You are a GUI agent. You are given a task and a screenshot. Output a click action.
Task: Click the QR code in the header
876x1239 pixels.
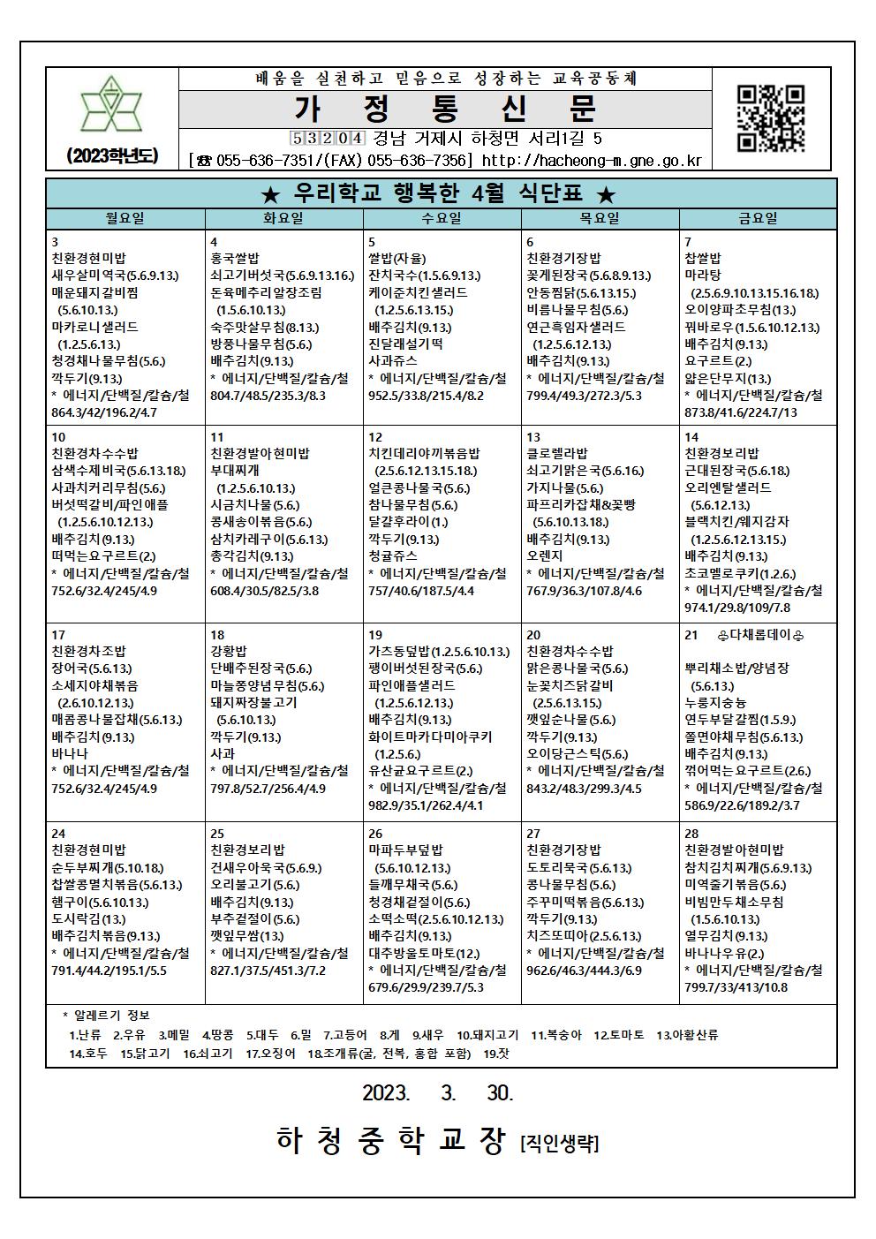(770, 118)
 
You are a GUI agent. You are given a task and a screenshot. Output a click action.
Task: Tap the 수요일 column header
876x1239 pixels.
(442, 218)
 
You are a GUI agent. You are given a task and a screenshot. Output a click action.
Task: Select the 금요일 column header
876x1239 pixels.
(758, 218)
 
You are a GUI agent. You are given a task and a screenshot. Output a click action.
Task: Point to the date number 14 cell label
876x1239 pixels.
(691, 437)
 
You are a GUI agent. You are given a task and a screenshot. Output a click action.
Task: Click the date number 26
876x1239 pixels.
(375, 834)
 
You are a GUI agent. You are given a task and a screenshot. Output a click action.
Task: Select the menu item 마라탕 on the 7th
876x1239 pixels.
(703, 276)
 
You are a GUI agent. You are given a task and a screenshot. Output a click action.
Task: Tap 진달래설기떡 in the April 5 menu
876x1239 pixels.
(405, 344)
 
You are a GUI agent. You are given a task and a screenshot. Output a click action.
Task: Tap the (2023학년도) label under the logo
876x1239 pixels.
(111, 156)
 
